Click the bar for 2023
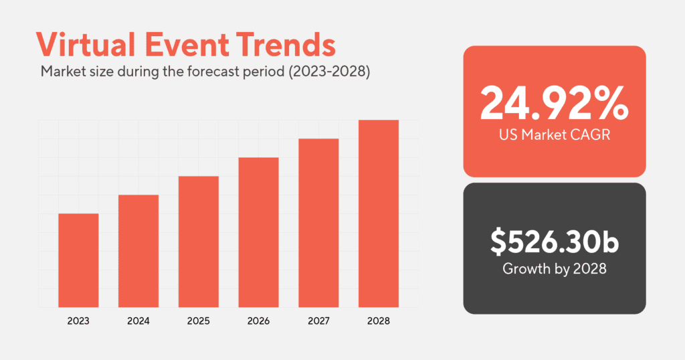coord(78,260)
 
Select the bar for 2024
coord(138,251)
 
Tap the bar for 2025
coord(199,242)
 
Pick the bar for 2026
coord(258,232)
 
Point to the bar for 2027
coord(318,223)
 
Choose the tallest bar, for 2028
coord(379,213)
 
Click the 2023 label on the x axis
coord(78,321)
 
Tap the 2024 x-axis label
coord(138,321)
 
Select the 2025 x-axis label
coord(199,321)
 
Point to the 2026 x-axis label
coord(258,321)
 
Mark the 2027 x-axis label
coord(318,321)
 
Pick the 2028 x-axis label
coord(379,321)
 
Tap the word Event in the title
coord(189,45)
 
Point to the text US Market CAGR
coord(555,134)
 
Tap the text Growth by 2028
coord(555,269)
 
